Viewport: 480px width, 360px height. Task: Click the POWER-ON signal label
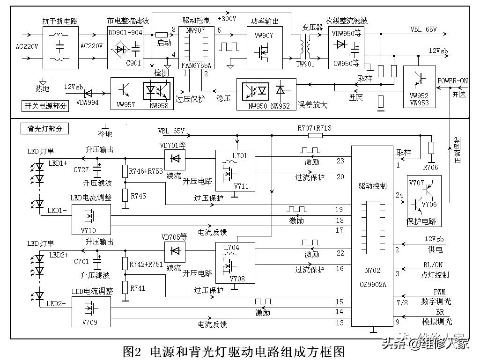tap(452, 81)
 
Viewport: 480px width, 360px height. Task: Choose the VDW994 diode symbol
tap(71, 94)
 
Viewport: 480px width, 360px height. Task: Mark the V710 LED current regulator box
tap(91, 219)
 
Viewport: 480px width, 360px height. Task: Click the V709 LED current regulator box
tap(91, 311)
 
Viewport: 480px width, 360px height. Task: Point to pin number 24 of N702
tap(399, 195)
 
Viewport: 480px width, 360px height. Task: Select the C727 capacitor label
tap(81, 169)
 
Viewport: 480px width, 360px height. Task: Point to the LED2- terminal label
tap(56, 303)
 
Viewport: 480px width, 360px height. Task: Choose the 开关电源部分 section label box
tap(45, 106)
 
